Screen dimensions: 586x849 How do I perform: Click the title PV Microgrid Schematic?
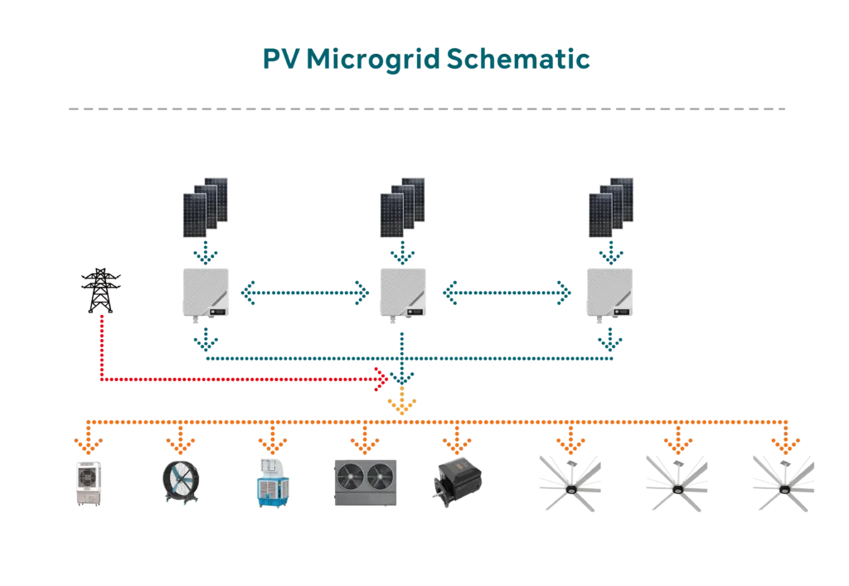tap(424, 61)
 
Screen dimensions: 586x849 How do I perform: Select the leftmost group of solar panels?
tap(205, 204)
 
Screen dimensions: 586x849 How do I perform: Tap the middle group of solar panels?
tap(403, 204)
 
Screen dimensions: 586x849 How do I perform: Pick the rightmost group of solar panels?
tap(610, 204)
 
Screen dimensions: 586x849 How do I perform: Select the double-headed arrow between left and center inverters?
tap(304, 292)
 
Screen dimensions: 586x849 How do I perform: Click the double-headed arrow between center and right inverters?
tap(507, 292)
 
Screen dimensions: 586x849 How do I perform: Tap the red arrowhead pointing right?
tap(381, 380)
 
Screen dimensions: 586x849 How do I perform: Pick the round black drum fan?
tap(178, 481)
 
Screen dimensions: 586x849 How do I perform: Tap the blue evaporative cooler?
tap(274, 482)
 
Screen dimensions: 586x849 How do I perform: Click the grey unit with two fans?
tap(365, 482)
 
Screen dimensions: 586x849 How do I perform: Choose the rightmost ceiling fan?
tap(782, 481)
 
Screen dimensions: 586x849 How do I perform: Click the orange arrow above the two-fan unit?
tap(365, 439)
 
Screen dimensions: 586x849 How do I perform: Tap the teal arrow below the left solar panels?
tap(205, 249)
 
